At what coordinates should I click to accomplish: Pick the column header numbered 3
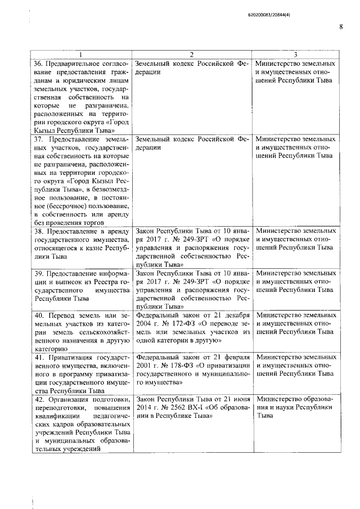point(296,55)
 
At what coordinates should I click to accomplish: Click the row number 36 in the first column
point(38,63)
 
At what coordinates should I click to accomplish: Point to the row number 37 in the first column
point(38,138)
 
